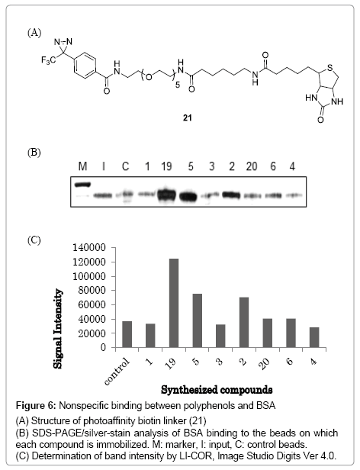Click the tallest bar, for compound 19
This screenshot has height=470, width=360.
click(174, 303)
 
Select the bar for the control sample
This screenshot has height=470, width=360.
click(127, 334)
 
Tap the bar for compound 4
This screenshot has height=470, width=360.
click(314, 337)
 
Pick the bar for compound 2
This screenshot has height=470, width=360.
click(244, 323)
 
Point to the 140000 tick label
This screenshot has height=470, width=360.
click(89, 248)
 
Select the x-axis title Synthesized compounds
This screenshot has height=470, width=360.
click(217, 390)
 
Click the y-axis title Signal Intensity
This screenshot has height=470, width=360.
click(58, 329)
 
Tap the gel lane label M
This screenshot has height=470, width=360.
click(82, 166)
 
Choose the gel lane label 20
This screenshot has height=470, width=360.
click(252, 166)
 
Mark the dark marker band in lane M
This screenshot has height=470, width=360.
click(82, 185)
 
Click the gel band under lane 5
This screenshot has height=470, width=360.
click(188, 196)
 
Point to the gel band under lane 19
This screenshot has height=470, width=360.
click(167, 195)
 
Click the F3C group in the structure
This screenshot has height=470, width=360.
click(48, 60)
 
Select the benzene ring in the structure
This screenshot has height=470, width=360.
click(85, 66)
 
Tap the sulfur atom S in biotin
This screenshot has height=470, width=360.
click(330, 67)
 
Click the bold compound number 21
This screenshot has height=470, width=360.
click(188, 117)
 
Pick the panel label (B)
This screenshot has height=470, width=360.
click(34, 153)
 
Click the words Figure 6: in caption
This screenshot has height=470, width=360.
click(36, 406)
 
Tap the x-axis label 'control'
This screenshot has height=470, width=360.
click(117, 372)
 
